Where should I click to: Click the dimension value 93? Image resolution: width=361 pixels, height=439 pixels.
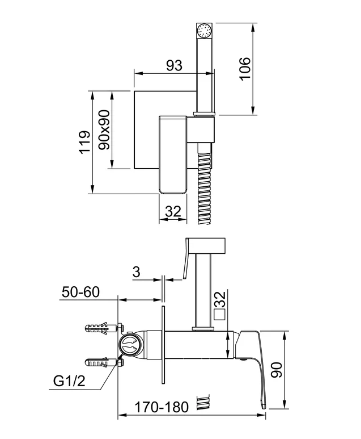[x=174, y=65]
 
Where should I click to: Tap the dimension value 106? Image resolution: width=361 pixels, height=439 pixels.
[x=245, y=69]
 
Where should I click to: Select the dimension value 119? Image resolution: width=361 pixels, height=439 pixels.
[x=84, y=142]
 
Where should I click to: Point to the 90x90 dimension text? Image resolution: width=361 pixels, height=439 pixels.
[x=104, y=129]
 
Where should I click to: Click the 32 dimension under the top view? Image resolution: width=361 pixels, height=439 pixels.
[x=173, y=211]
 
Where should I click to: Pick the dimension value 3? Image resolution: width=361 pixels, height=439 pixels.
[x=137, y=272]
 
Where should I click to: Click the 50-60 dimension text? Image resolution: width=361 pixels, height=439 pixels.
[x=80, y=292]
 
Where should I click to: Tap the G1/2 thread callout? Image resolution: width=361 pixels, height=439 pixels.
[x=69, y=381]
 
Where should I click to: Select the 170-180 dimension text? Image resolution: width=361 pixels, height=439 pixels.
[x=162, y=407]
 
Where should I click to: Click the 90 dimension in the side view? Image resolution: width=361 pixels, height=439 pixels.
[x=277, y=370]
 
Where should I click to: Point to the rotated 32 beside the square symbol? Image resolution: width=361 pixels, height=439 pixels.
[x=220, y=299]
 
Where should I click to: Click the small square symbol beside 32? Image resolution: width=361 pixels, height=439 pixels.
[x=220, y=315]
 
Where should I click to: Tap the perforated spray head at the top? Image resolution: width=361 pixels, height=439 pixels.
[x=204, y=31]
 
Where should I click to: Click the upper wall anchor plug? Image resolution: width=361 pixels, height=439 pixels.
[x=104, y=327]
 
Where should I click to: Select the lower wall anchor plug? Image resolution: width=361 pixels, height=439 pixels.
[x=104, y=362]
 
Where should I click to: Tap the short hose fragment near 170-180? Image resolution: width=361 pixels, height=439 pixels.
[x=203, y=403]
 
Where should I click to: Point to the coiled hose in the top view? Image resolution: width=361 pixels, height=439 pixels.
[x=204, y=183]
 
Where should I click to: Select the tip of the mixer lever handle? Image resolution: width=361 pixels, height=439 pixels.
[x=263, y=405]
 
